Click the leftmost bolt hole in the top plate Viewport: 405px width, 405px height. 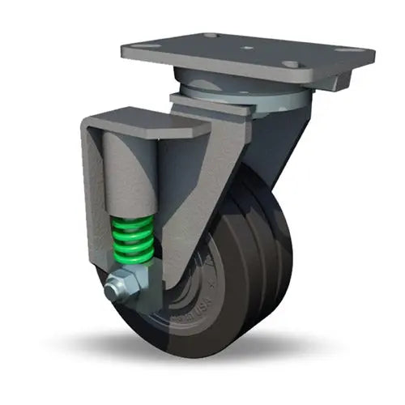[x=143, y=48]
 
